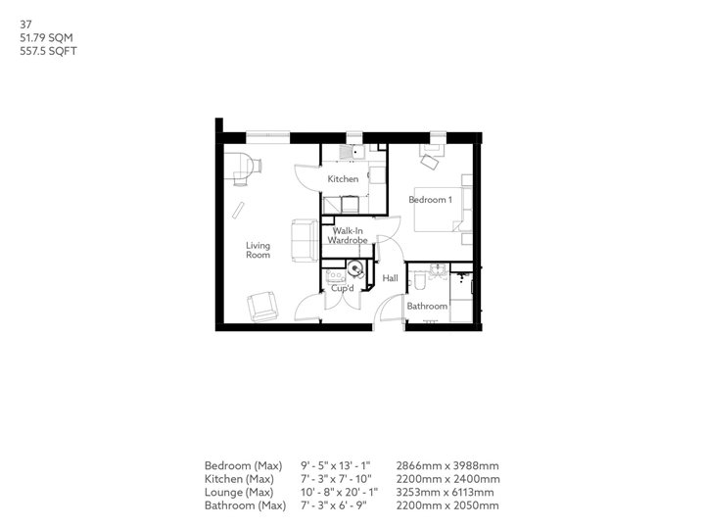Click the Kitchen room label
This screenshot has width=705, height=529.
point(343,179)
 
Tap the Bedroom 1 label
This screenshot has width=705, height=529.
point(430,200)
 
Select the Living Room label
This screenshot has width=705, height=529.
point(258,250)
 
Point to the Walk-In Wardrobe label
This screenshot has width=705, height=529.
point(347,235)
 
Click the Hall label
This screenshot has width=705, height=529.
point(389,279)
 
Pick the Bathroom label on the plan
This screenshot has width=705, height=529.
point(427,307)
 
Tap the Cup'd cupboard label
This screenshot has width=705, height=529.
point(342,288)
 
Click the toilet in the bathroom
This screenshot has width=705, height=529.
point(419,282)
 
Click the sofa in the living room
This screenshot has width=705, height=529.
point(304,240)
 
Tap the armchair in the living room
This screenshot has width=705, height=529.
point(262,307)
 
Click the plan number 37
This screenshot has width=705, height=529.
point(12,15)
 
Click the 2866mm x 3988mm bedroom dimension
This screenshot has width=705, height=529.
point(448,464)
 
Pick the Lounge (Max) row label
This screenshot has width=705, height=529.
point(239,492)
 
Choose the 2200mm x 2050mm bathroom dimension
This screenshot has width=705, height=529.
point(448,505)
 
